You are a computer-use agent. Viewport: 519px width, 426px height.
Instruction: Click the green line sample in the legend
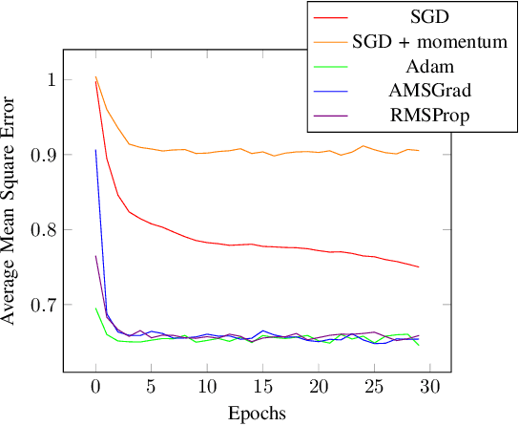tap(337, 68)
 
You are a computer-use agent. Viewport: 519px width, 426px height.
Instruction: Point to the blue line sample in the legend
tap(337, 94)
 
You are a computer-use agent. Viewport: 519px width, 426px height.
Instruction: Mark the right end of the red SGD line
tap(418, 266)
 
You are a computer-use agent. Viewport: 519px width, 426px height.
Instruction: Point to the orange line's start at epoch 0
tap(95, 77)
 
